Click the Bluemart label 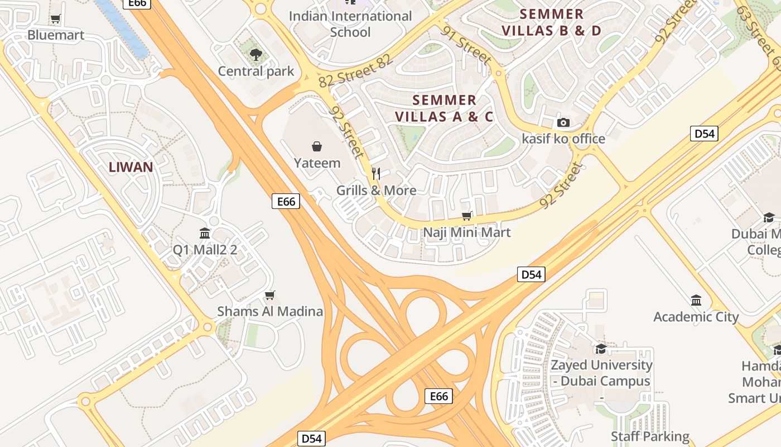coord(56,35)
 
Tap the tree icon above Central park coord(256,54)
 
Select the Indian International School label coord(350,24)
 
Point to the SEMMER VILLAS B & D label coord(552,22)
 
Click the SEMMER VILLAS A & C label coord(445,108)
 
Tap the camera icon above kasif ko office coord(563,122)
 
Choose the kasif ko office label coord(563,139)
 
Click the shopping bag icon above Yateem coord(317,146)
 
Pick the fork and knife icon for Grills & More coord(376,174)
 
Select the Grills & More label coord(376,191)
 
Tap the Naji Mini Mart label coord(467,232)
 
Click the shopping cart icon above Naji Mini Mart coord(467,216)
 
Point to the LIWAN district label coord(131,167)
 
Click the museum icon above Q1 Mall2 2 coord(205,233)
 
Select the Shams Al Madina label coord(270,311)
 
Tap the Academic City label coord(696,317)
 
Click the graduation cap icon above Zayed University coord(601,349)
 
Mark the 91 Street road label coord(467,45)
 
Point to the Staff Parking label coord(650,436)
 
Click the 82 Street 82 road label coord(356,72)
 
